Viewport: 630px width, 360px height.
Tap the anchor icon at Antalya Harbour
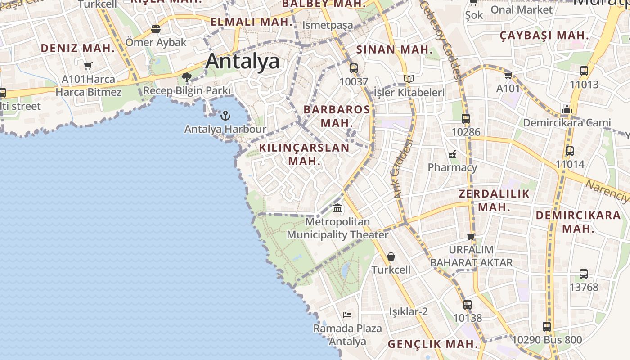[x=225, y=116]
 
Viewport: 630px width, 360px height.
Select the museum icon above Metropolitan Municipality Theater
[x=337, y=208]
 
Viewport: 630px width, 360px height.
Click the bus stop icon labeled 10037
[x=354, y=68]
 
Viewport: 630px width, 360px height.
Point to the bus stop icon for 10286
[x=466, y=119]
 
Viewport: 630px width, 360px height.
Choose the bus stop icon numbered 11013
[x=584, y=71]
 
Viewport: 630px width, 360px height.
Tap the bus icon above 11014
[x=570, y=151]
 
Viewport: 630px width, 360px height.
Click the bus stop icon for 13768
[x=584, y=274]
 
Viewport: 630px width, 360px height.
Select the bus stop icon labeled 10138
[x=468, y=305]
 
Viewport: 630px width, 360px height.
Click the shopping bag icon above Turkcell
[x=391, y=256]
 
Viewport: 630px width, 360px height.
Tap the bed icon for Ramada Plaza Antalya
[x=347, y=315]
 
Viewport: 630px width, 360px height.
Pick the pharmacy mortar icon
[x=452, y=154]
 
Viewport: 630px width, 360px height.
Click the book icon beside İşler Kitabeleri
[x=409, y=79]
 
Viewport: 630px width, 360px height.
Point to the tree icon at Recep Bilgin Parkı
[x=187, y=77]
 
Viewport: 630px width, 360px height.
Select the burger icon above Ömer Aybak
[x=156, y=29]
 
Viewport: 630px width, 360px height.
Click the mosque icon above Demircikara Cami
[x=567, y=109]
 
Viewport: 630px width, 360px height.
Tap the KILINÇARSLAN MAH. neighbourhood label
[x=304, y=154]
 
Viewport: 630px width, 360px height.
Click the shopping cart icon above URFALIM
[x=471, y=236]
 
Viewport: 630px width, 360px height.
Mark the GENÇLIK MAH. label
[x=433, y=344]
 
